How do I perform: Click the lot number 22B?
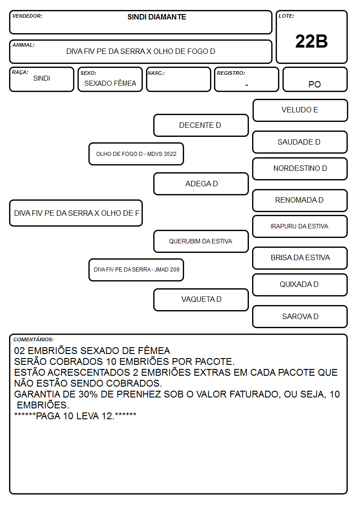coord(311,41)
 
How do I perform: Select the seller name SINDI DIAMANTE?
coord(157,17)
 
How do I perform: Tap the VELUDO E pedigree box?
coord(300,111)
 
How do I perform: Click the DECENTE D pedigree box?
coord(201,125)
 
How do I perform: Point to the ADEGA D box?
coord(201,184)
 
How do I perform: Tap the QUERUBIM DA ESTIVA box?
coord(201,241)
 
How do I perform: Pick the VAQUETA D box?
coord(201,300)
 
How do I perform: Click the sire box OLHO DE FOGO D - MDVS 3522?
coord(136,154)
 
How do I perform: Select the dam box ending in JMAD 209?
coord(136,270)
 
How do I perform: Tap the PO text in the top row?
coord(315,84)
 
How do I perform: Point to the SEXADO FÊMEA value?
coord(110,83)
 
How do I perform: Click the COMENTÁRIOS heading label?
coord(34,339)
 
